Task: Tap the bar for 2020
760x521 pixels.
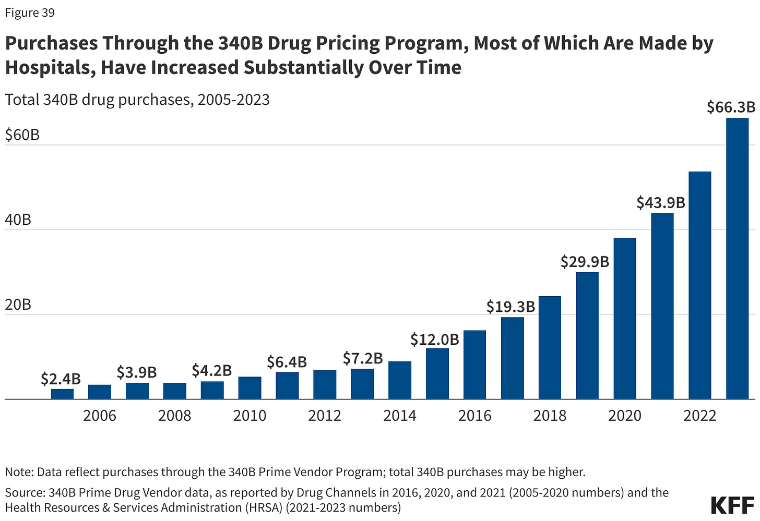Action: tap(625, 319)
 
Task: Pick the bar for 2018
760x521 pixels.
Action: tap(550, 348)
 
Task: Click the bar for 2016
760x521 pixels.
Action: tap(474, 365)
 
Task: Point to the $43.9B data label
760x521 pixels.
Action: tap(660, 202)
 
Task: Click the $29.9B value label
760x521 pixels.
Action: tap(585, 261)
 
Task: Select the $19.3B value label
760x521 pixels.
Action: tap(510, 307)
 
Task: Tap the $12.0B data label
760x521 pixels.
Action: tap(434, 340)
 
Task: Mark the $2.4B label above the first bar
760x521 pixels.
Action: tap(61, 379)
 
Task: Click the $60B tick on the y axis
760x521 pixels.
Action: tap(22, 135)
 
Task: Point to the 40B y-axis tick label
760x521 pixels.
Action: tap(18, 220)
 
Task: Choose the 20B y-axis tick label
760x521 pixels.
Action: tap(18, 305)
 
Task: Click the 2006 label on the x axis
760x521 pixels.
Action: tap(100, 416)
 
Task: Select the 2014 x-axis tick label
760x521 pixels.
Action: tap(399, 416)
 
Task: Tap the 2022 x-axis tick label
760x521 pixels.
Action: tap(699, 416)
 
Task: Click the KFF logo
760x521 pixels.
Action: tap(732, 504)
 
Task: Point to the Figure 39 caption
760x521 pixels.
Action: tap(30, 13)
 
